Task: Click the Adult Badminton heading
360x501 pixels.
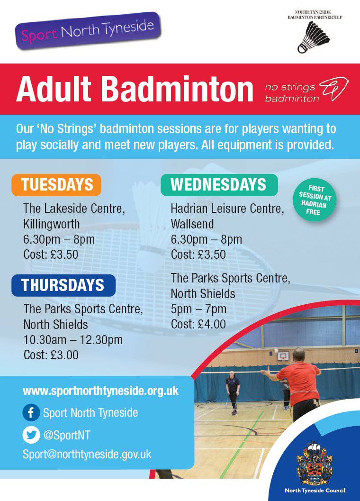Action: click(135, 89)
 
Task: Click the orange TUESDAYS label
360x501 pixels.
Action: click(56, 185)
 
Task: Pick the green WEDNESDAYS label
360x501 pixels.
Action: click(218, 184)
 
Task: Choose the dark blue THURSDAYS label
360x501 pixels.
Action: click(63, 285)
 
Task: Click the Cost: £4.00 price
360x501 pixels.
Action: click(198, 324)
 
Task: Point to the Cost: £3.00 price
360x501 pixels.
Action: click(51, 355)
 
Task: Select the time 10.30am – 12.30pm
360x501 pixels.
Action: click(73, 339)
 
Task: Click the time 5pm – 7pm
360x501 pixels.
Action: click(198, 309)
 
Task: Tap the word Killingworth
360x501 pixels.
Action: click(51, 224)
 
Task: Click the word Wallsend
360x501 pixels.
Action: click(192, 224)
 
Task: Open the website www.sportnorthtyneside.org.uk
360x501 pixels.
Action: click(100, 391)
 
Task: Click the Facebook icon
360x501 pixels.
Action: click(31, 413)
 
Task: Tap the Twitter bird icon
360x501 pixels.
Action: click(31, 435)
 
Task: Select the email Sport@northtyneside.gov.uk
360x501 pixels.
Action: click(87, 454)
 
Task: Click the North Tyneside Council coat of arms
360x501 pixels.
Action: click(314, 462)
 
